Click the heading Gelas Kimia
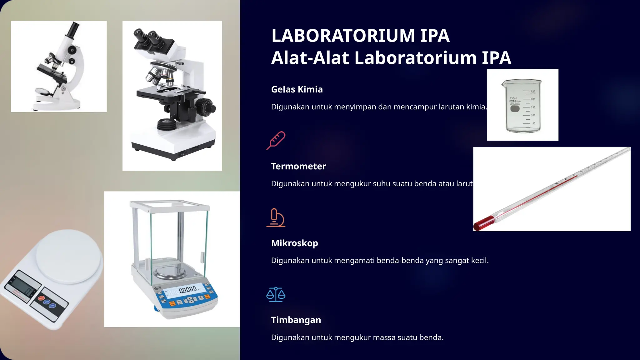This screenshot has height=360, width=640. click(297, 89)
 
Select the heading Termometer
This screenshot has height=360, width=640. click(298, 166)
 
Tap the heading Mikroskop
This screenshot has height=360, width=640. click(294, 243)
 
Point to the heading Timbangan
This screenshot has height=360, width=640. click(296, 320)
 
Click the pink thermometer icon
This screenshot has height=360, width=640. click(276, 141)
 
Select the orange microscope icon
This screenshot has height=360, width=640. click(276, 217)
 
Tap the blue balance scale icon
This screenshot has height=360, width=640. click(276, 294)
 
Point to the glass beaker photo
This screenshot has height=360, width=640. click(522, 105)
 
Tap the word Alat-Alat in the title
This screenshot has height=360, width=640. click(310, 58)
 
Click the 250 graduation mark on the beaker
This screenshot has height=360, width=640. click(533, 91)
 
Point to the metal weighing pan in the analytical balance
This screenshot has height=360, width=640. click(171, 272)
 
